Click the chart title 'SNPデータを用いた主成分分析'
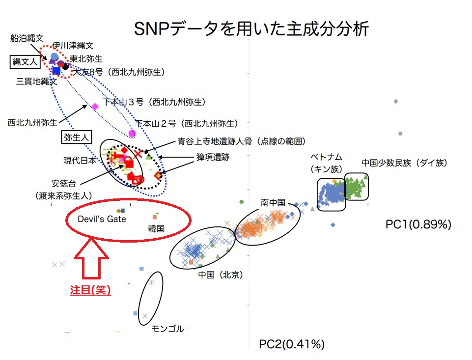tap(251, 29)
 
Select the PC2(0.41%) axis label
tap(292, 344)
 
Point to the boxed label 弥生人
tap(76, 138)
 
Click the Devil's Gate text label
tap(102, 219)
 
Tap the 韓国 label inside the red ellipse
tap(156, 228)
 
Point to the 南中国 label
tap(273, 202)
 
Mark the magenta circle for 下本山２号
tap(132, 134)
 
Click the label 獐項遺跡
tap(213, 157)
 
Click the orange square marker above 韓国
tap(155, 217)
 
